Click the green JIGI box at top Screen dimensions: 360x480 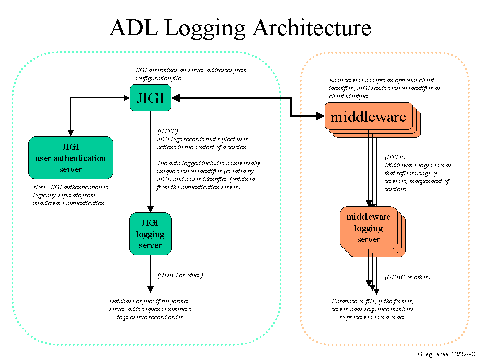(150, 98)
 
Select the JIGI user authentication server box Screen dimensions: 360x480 (70, 158)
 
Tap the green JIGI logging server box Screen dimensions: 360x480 (150, 234)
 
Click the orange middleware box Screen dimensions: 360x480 (368, 117)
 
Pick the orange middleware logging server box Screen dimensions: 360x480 (368, 228)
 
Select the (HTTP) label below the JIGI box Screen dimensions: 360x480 (168, 132)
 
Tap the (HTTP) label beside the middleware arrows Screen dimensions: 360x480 (395, 157)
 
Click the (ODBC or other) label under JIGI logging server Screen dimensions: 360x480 (180, 275)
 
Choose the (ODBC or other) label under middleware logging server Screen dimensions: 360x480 (407, 277)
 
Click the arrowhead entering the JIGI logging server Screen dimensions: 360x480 (150, 209)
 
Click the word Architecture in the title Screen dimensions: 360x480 (312, 28)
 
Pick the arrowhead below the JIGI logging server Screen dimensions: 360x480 (150, 289)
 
